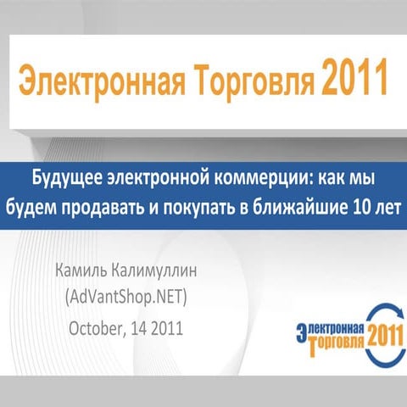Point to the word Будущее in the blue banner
point(71,181)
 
